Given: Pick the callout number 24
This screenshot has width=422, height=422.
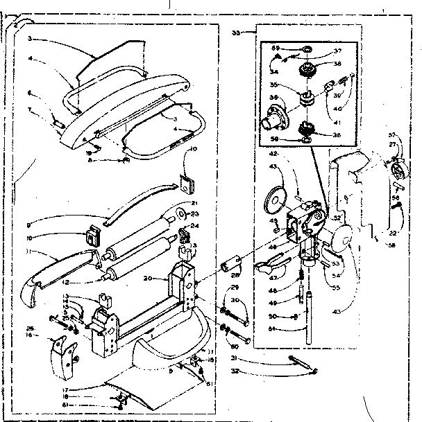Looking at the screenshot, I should point(195,225).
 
